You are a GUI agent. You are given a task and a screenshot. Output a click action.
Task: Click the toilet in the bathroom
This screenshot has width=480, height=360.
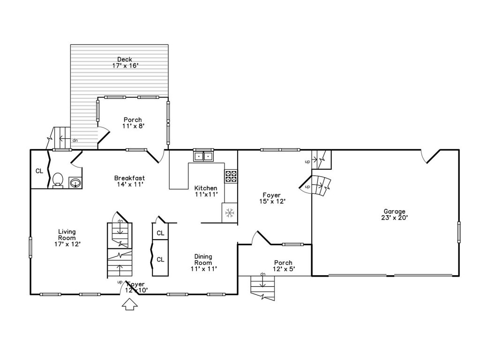pos(58,180)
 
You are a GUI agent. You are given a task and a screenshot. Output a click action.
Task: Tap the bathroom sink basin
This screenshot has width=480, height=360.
pos(75,183)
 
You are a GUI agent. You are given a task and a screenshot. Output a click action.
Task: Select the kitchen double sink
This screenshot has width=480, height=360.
pos(203,157)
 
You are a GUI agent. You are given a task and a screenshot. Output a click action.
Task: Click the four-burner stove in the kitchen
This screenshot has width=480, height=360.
pos(231,176)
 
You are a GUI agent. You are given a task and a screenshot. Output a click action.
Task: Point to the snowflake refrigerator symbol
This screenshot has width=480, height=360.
pos(229,212)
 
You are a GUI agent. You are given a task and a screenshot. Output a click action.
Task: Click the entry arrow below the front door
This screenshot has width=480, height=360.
pos(130,304)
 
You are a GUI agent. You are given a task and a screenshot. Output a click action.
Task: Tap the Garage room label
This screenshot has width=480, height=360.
pos(394,214)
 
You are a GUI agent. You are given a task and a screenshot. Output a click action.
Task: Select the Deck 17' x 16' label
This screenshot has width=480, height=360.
pos(125,62)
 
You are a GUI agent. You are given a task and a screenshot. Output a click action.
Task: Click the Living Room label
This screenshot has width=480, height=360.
pos(67,238)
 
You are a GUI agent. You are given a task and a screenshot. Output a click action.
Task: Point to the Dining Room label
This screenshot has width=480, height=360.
pos(203,262)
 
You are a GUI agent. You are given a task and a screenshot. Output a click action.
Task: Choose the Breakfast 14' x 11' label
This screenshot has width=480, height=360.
pos(130,181)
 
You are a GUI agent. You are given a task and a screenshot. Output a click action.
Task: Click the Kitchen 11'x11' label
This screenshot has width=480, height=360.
pos(206,191)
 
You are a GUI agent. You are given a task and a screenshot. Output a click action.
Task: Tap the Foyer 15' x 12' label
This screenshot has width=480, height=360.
pos(272,198)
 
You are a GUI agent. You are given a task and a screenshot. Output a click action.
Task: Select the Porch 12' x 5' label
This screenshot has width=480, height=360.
pos(284,266)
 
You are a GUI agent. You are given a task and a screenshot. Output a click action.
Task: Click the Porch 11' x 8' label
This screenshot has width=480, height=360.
pos(133,122)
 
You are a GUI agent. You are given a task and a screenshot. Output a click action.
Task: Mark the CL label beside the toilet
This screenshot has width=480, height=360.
pos(39,171)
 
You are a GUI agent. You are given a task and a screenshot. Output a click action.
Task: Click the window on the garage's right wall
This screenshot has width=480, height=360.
pos(459,232)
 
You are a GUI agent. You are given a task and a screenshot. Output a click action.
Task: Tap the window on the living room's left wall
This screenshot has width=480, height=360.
pos(30,247)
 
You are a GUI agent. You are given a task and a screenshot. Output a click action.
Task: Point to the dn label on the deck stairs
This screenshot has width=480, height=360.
pos(75,141)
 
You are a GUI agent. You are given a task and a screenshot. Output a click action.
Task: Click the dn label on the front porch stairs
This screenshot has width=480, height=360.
pos(262,274)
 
